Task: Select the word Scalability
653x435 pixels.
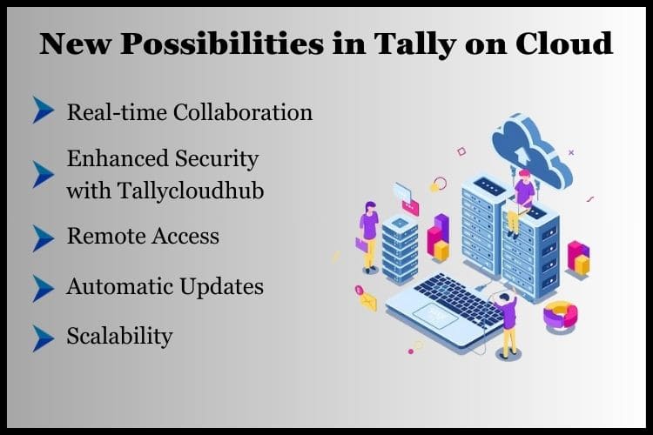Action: pyautogui.click(x=119, y=336)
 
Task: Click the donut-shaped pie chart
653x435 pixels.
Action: pyautogui.click(x=562, y=314)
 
